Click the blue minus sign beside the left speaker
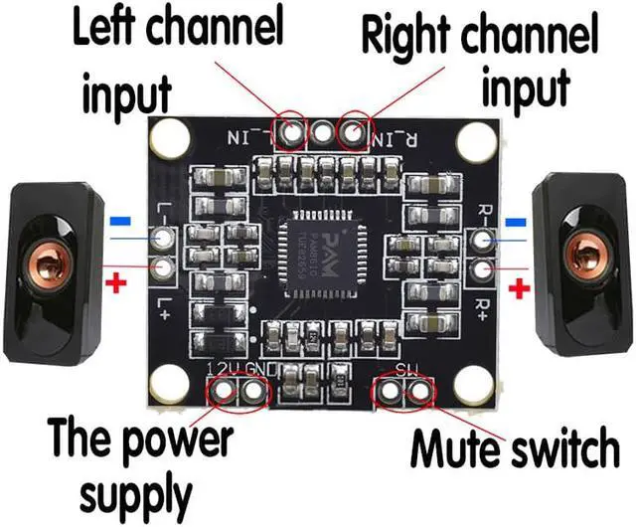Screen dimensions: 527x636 120,220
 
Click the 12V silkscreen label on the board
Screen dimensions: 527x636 221,370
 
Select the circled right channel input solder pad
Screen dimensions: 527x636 352,129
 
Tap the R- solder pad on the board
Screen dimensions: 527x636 484,240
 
